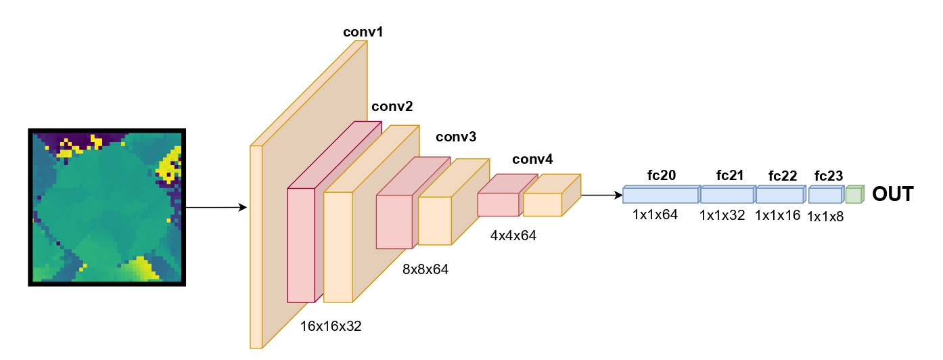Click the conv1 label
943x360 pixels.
click(363, 32)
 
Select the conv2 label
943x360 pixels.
click(392, 106)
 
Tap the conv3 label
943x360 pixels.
click(456, 137)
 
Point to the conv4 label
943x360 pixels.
click(532, 160)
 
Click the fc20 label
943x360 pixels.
click(661, 176)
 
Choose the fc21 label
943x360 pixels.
click(730, 176)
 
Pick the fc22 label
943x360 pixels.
click(783, 176)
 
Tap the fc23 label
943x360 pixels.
click(829, 176)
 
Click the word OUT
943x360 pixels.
click(892, 194)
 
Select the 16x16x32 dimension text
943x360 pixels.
click(331, 326)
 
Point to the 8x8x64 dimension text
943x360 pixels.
click(425, 269)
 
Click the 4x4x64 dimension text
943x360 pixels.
click(513, 235)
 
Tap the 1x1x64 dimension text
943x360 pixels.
click(655, 216)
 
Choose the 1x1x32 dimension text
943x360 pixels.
click(722, 216)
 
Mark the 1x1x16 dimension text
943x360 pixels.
click(777, 216)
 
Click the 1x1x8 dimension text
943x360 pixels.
click(826, 217)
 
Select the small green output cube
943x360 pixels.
click(854, 194)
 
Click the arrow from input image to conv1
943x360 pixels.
click(216, 207)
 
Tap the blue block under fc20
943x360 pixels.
click(660, 195)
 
